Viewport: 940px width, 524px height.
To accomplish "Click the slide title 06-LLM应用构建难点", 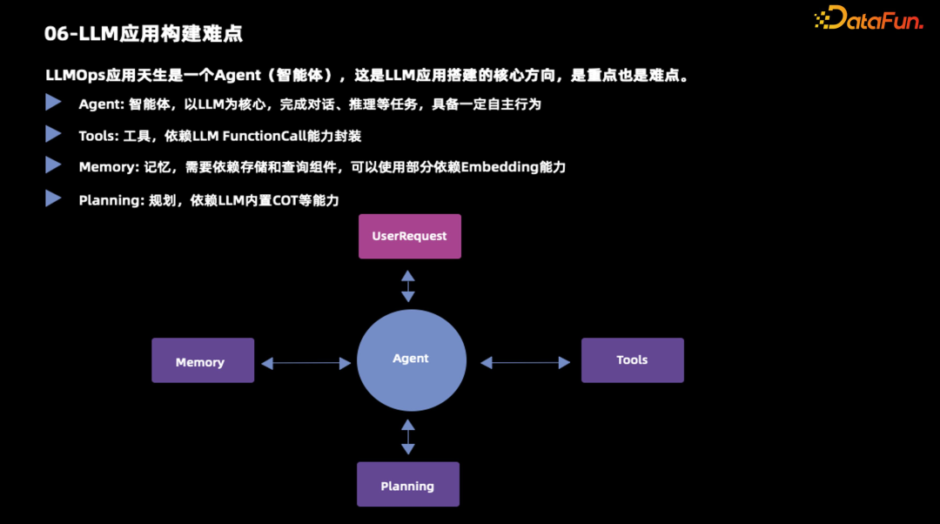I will [x=144, y=34].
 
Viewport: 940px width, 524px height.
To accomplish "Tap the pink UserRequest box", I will [x=410, y=236].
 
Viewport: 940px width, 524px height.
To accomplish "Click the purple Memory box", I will [x=203, y=360].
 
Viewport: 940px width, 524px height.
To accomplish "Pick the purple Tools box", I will [x=632, y=360].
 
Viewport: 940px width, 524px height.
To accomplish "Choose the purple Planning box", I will [x=407, y=485].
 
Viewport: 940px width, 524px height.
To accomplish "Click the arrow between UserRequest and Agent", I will [x=408, y=286].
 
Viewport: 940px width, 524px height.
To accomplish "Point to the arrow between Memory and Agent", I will [x=305, y=362].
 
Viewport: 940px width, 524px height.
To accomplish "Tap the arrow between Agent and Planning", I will [x=408, y=437].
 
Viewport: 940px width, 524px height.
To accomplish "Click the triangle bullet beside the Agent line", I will [x=53, y=103].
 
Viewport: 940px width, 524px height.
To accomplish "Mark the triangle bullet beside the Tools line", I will [x=53, y=134].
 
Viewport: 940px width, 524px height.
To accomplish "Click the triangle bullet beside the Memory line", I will [x=53, y=165].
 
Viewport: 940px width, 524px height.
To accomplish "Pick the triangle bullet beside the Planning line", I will [x=53, y=198].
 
